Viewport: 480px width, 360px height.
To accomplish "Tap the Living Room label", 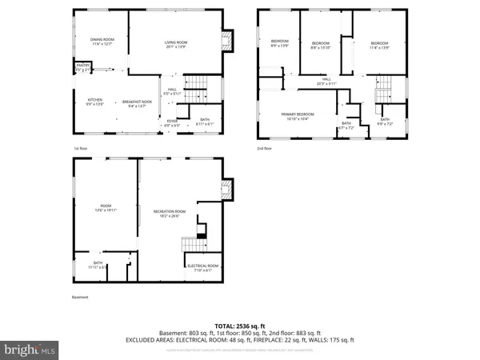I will [176, 44].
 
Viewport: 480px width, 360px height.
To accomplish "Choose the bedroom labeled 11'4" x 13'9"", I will [378, 45].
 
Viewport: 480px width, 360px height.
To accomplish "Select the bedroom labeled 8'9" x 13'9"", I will [279, 44].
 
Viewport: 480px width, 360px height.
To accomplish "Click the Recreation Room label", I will [169, 213].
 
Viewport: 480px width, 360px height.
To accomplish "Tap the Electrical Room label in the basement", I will [202, 267].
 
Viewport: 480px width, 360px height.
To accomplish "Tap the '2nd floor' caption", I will [264, 149].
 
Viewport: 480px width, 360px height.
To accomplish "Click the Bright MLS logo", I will [30, 350].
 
